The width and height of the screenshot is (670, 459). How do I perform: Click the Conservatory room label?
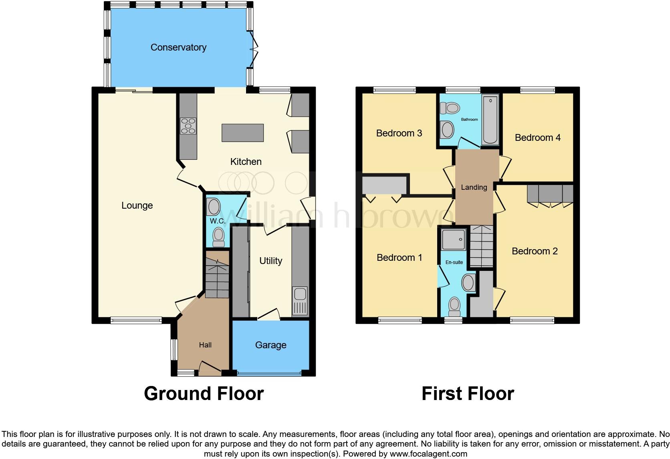pyautogui.click(x=178, y=47)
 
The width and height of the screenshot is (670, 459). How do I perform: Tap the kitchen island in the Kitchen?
pyautogui.click(x=243, y=133)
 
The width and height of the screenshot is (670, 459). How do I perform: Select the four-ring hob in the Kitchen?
pyautogui.click(x=188, y=126)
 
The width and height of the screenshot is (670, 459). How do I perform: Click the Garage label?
pyautogui.click(x=270, y=345)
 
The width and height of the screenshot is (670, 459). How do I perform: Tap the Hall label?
pyautogui.click(x=205, y=345)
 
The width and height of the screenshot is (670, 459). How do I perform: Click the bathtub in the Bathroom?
pyautogui.click(x=490, y=120)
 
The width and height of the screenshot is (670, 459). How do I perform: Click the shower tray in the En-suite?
pyautogui.click(x=454, y=240)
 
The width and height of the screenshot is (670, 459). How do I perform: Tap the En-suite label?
pyautogui.click(x=454, y=262)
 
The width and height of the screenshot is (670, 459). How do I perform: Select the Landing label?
pyautogui.click(x=474, y=187)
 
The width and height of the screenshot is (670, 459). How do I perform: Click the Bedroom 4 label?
pyautogui.click(x=537, y=138)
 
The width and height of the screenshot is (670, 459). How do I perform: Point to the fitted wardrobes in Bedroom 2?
pyautogui.click(x=550, y=194)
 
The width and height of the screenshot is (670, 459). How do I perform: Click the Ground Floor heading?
pyautogui.click(x=204, y=394)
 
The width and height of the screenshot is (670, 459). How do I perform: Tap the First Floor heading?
pyautogui.click(x=468, y=394)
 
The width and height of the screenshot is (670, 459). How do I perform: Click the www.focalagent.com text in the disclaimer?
pyautogui.click(x=428, y=454)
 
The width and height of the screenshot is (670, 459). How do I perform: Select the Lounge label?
pyautogui.click(x=137, y=205)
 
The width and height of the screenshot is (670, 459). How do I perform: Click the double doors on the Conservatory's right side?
pyautogui.click(x=253, y=50)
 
